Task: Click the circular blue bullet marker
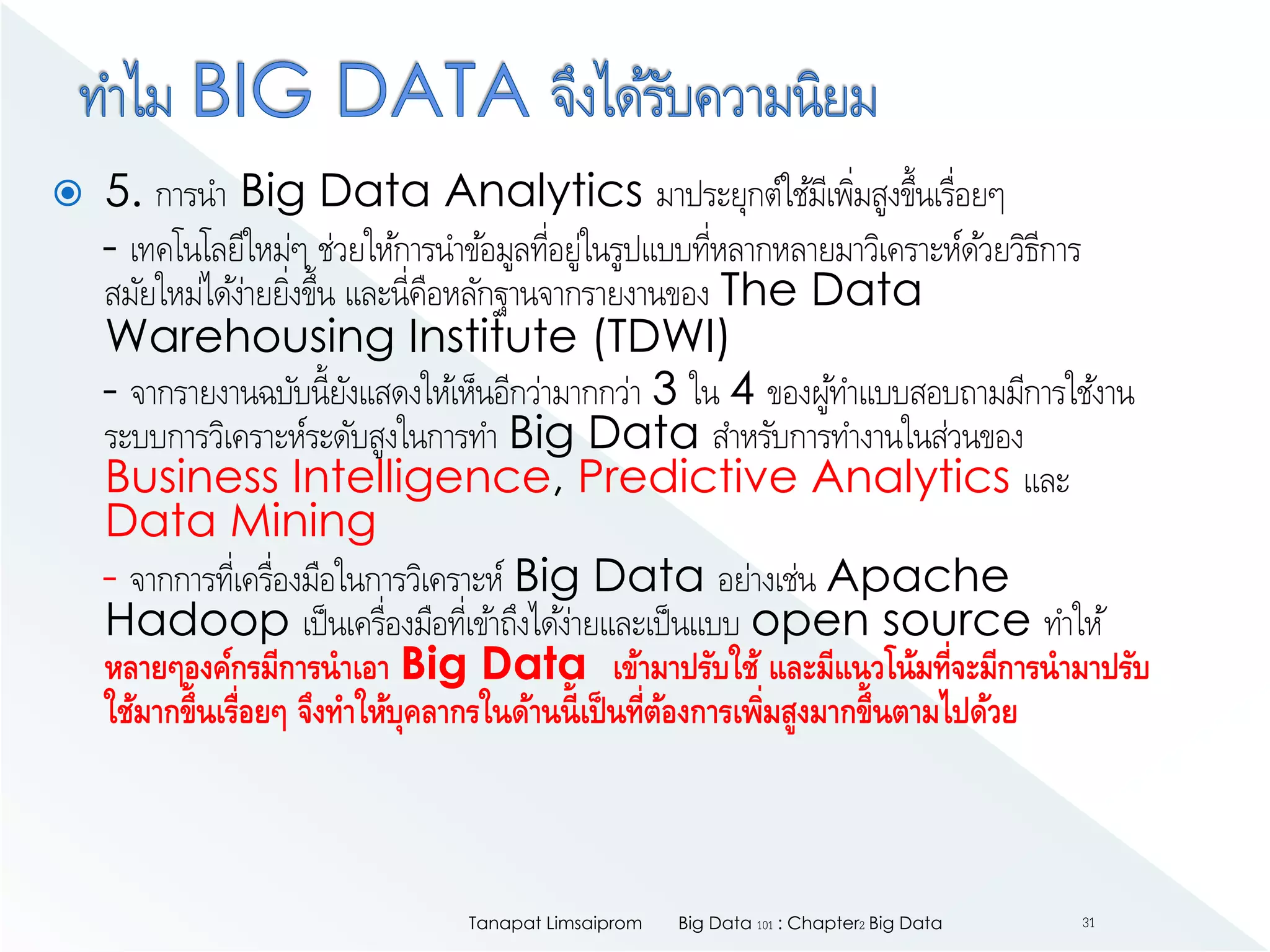click(68, 193)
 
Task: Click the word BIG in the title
click(252, 90)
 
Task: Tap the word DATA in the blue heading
click(433, 90)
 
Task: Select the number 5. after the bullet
click(123, 191)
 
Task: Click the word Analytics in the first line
click(543, 192)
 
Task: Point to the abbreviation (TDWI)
click(661, 338)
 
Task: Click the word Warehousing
click(250, 338)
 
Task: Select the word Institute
click(492, 337)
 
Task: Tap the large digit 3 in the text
click(665, 389)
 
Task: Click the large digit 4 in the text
click(742, 389)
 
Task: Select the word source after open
click(956, 621)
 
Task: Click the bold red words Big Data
click(494, 664)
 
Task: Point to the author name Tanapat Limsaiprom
click(555, 923)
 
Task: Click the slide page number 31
click(1088, 923)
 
